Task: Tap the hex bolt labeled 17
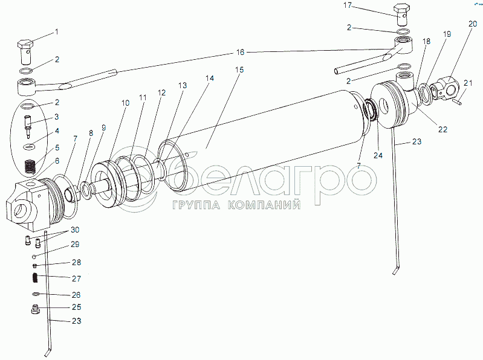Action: pos(401,14)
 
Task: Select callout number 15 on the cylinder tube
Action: pos(239,71)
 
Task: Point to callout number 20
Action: pos(472,24)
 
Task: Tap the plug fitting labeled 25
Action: pos(35,310)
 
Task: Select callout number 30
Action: pos(74,231)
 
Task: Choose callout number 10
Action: pos(125,103)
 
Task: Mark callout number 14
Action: pos(209,79)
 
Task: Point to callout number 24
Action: pos(378,155)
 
